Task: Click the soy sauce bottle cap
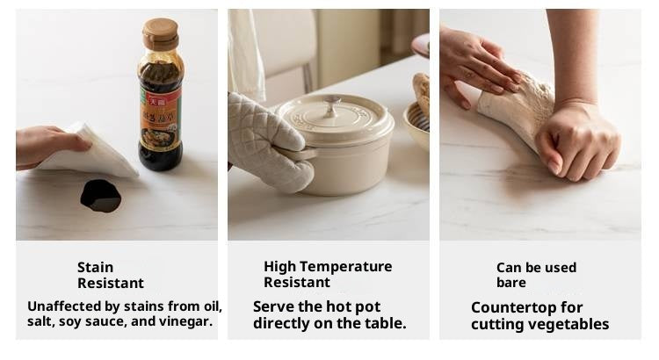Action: tap(160, 33)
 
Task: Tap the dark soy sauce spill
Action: tap(101, 196)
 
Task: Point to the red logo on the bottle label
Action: tap(156, 101)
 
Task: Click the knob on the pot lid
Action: tap(332, 103)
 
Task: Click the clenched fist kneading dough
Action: tap(578, 143)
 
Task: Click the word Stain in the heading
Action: tap(96, 267)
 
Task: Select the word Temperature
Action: tap(349, 267)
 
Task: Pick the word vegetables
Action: tap(568, 325)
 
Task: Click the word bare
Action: tap(511, 283)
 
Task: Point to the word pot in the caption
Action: tap(368, 307)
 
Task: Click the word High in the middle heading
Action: tap(281, 267)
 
